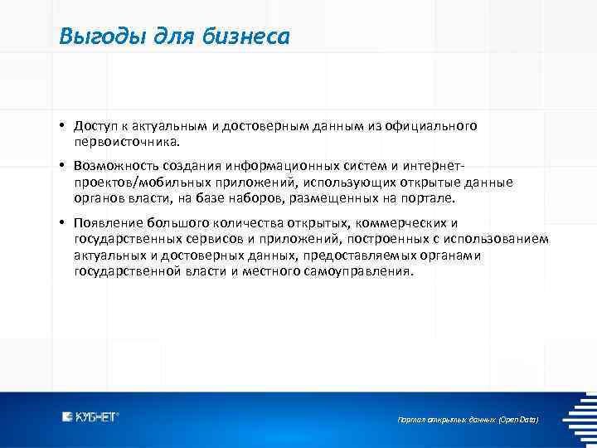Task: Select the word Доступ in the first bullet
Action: tap(94, 126)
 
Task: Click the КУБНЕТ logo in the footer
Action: tap(90, 417)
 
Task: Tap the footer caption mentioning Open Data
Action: tap(468, 421)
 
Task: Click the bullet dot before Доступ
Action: tap(62, 126)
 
